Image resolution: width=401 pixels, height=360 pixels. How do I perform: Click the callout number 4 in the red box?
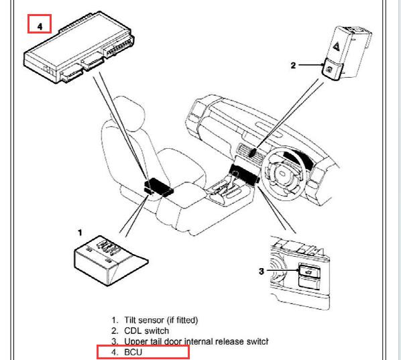coord(40,26)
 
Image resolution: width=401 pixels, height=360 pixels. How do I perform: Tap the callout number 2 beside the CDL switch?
coord(293,66)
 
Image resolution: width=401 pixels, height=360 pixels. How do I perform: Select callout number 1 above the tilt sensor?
coord(80,233)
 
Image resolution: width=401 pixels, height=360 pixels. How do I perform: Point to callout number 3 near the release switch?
coord(261,271)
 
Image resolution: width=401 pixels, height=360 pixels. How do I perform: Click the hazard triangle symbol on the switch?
coord(336,46)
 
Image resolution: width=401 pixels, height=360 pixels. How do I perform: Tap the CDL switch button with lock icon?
coord(331,68)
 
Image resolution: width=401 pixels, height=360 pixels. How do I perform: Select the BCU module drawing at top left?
coord(78,48)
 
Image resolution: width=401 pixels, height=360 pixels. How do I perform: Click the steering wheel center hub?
coord(282,174)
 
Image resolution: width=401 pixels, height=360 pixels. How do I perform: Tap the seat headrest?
coord(127,113)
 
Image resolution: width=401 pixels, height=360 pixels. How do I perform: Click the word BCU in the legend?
coord(133,352)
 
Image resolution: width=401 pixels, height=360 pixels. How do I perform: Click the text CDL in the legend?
coord(133,331)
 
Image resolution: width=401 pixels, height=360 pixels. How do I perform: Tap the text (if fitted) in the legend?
coord(182,320)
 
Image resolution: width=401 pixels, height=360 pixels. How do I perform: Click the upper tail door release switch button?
coord(309,271)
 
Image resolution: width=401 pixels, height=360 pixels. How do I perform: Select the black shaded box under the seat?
coord(158,186)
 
